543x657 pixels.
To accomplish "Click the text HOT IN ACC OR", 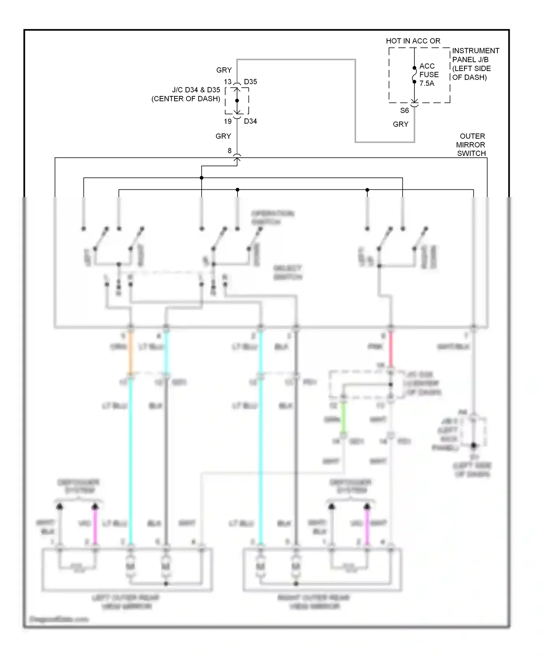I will coord(413,41).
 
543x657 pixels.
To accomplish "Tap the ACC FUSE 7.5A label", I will coord(429,75).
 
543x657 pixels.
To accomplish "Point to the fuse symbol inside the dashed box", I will coord(414,75).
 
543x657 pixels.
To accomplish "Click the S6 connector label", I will coord(404,110).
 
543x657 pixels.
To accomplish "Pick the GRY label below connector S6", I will coord(400,124).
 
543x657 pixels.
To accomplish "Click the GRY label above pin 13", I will coord(224,70).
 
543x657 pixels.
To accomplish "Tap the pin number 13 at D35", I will coord(228,82).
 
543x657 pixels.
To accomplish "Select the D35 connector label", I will coord(251,82).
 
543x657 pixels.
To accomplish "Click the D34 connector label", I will coord(251,121).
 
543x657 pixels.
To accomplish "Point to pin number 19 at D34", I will coord(228,121).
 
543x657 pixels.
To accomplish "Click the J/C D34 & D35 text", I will coord(196,90).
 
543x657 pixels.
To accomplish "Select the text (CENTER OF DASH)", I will coord(186,99).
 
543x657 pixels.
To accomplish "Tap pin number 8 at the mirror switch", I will coord(230,151).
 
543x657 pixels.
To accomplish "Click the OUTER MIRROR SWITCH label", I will coord(471,145).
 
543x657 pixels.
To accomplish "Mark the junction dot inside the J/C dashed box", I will coord(237,101).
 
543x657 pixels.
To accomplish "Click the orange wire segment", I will coord(131,353).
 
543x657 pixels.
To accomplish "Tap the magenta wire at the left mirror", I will coord(96,525).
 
